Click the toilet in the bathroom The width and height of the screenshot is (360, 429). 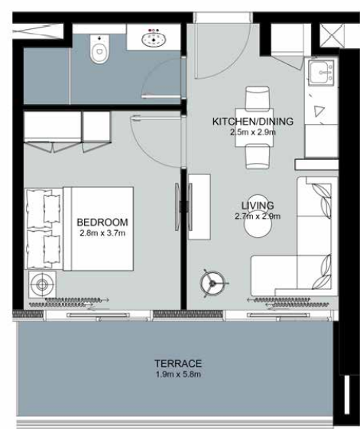[x=99, y=49]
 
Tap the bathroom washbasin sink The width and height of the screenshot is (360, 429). [x=154, y=40]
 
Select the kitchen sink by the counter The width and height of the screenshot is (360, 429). [x=321, y=72]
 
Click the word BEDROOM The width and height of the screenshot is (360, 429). [x=102, y=223]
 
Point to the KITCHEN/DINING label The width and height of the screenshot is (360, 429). [x=253, y=121]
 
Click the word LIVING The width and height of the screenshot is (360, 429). [x=258, y=206]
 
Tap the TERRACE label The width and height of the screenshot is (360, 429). [x=178, y=363]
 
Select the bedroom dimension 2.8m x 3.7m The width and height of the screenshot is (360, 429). [x=102, y=233]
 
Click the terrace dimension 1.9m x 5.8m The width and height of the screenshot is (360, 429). [x=178, y=374]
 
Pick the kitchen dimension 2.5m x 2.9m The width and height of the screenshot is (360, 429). [x=253, y=132]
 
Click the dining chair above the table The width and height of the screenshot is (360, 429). [x=257, y=98]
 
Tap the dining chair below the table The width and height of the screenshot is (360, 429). [x=258, y=157]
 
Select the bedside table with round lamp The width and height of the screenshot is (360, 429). [x=42, y=284]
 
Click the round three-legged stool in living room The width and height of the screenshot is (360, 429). [x=212, y=283]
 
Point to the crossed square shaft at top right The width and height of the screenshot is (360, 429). [x=329, y=35]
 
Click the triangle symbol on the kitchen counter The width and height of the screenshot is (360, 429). [x=319, y=111]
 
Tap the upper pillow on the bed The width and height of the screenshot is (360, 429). [x=52, y=209]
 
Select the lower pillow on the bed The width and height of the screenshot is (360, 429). [x=52, y=249]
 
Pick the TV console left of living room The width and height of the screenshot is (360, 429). [x=199, y=206]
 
